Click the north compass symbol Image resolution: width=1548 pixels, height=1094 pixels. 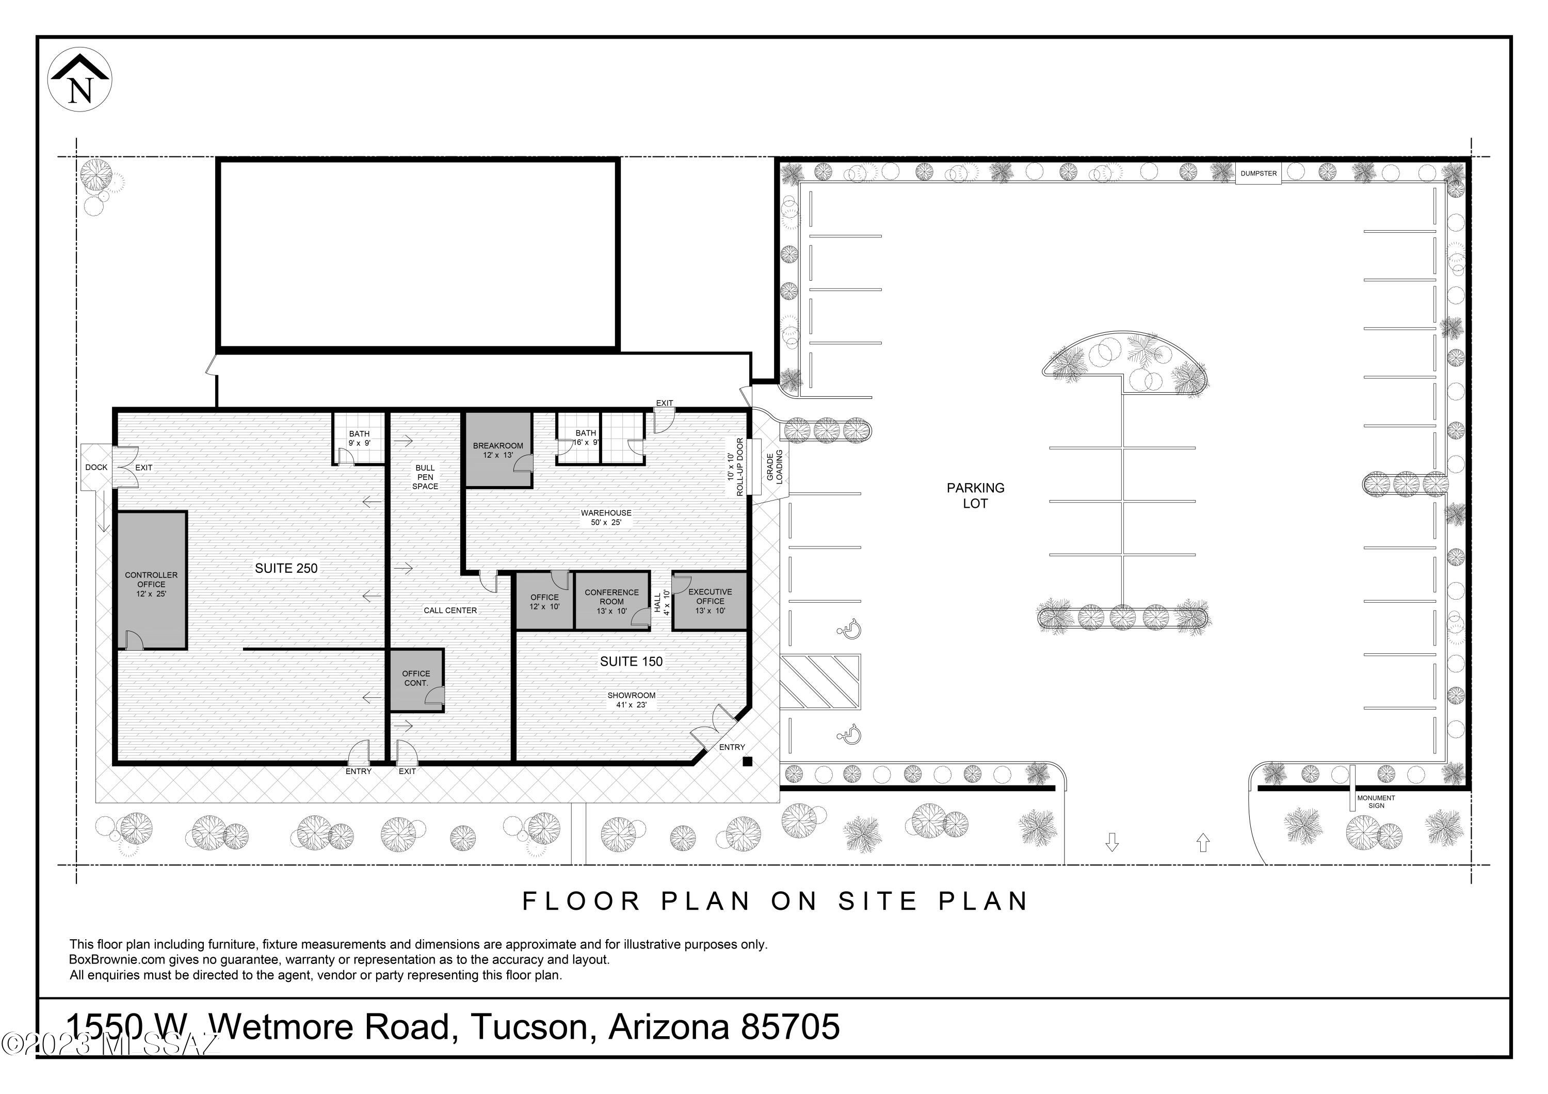click(x=79, y=79)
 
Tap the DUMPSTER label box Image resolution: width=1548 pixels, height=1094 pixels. click(x=1258, y=173)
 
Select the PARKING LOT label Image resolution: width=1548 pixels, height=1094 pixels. click(x=976, y=495)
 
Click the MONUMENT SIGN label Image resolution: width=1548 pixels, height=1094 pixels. click(x=1376, y=801)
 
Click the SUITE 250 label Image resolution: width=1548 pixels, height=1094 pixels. click(x=286, y=568)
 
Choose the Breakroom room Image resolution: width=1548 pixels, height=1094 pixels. click(x=498, y=449)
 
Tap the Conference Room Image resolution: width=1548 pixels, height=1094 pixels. click(x=612, y=601)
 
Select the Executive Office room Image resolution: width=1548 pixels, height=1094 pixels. click(x=710, y=601)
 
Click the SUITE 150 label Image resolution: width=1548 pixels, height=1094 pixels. click(x=631, y=661)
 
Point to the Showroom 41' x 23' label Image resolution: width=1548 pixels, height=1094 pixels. click(x=631, y=700)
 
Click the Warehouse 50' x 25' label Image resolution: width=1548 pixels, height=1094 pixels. click(x=606, y=518)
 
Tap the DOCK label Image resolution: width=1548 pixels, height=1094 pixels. click(x=96, y=467)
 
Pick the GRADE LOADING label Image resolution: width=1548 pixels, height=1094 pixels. click(x=775, y=466)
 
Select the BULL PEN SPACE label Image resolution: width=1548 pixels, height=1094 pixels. click(x=425, y=476)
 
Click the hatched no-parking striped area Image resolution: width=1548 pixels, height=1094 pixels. click(x=820, y=682)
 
